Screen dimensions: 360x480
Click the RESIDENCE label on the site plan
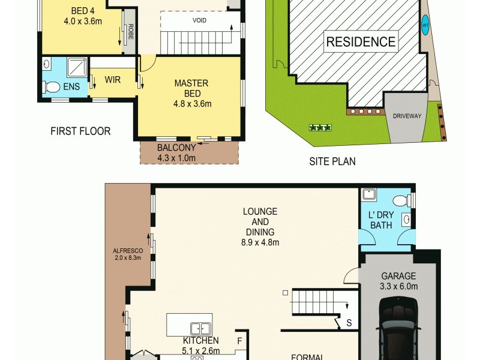(x=361, y=42)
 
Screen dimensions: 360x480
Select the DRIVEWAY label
(x=406, y=116)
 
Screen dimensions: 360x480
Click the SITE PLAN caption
(x=332, y=161)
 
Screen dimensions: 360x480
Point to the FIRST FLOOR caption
(x=80, y=131)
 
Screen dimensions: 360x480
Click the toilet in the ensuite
(x=52, y=88)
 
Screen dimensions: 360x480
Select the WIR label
(x=113, y=80)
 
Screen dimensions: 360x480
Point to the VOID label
(x=200, y=20)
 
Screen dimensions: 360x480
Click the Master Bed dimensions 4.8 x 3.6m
(x=192, y=103)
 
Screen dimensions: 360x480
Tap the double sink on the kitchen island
(x=200, y=328)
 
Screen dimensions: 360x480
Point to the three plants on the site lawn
(x=317, y=127)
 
